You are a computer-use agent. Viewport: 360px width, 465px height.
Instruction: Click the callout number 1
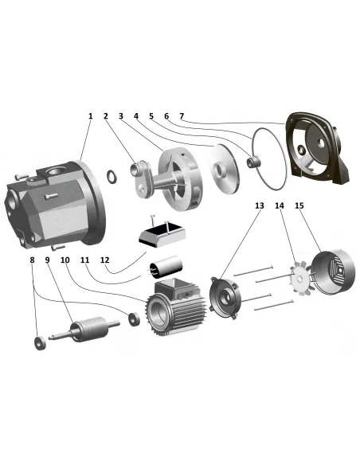tap(91, 116)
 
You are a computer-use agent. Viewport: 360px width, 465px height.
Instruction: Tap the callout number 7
tap(182, 116)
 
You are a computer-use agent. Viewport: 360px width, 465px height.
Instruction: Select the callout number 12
tap(104, 260)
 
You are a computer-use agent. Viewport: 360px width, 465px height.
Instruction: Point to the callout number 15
tap(299, 205)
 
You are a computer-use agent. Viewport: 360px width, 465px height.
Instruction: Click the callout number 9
tap(48, 260)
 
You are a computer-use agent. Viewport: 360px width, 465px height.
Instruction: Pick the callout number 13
tap(260, 205)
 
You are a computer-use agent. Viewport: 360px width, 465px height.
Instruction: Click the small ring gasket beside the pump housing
tap(112, 176)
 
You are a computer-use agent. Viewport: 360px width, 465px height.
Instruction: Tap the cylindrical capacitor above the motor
tap(166, 265)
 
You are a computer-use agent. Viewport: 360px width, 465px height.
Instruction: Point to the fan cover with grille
tap(333, 272)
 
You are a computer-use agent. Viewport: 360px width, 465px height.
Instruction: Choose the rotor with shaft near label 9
tap(84, 330)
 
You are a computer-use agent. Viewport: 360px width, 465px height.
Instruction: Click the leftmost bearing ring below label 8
tap(41, 343)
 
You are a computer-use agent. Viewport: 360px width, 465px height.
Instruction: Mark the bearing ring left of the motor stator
tap(134, 318)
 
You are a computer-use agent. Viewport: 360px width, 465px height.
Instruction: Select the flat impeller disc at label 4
tap(223, 169)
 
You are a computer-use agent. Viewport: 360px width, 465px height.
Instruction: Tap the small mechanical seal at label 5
tap(254, 162)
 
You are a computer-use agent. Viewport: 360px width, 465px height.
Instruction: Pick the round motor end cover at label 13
tap(225, 298)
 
